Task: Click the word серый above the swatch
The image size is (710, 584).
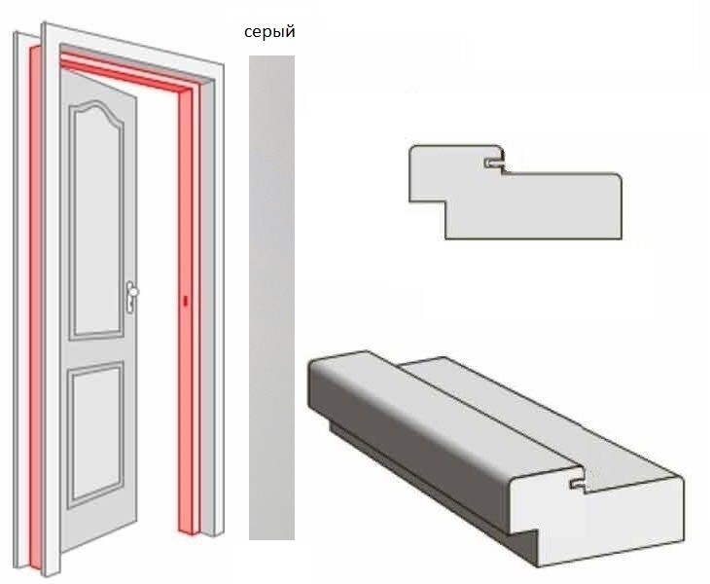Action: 269,32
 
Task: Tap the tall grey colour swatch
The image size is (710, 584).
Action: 271,298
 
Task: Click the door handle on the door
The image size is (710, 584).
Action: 131,297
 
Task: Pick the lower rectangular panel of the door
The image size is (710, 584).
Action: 95,434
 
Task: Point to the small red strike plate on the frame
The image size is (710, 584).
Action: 185,301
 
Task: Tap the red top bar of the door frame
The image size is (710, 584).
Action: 126,72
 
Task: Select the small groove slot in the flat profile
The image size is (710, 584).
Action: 493,163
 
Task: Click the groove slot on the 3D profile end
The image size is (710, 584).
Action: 578,484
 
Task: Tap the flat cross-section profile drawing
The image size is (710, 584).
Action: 515,192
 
